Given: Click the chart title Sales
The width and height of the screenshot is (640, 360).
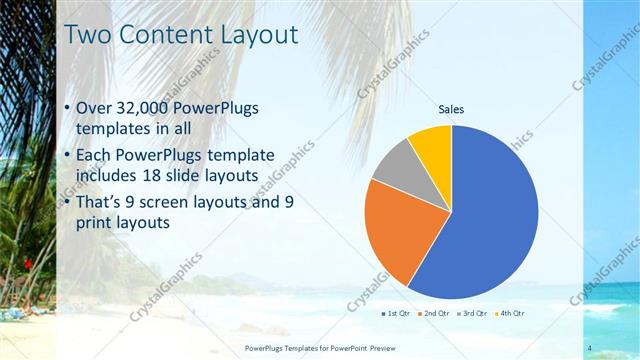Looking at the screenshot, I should coord(451,110).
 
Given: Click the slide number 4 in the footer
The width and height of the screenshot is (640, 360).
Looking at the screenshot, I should coord(590,348).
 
